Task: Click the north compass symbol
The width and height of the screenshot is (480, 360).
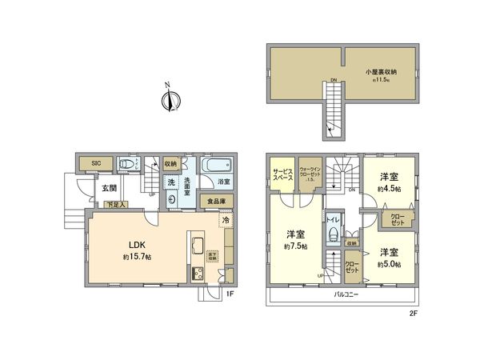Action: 168,99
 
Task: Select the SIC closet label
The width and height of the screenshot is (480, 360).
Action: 96,162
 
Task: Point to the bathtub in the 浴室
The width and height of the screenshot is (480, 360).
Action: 215,168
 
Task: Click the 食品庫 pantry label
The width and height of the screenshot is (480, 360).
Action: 216,202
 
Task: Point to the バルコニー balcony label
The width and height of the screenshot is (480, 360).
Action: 346,295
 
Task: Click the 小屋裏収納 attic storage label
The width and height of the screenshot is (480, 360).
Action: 381,73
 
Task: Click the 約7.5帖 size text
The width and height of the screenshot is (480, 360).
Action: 295,246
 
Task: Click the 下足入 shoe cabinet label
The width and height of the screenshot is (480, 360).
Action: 116,206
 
